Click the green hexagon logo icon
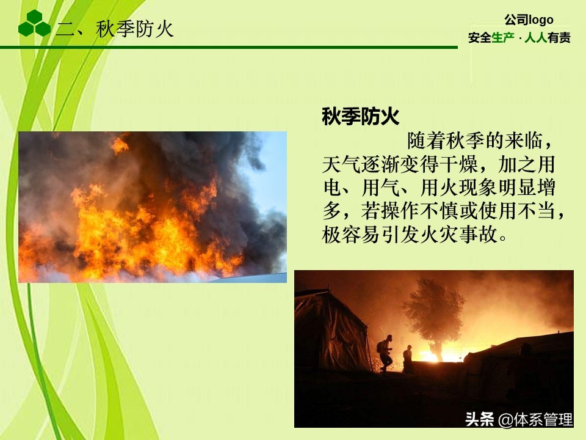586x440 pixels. (34, 24)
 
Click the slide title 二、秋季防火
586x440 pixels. (115, 29)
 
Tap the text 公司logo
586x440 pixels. (529, 20)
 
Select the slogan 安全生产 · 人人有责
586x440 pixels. (519, 38)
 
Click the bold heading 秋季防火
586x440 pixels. (360, 117)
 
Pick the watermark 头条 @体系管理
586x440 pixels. (519, 420)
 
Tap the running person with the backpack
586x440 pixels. (385, 353)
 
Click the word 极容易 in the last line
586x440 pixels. (349, 234)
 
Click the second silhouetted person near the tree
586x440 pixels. (407, 356)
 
